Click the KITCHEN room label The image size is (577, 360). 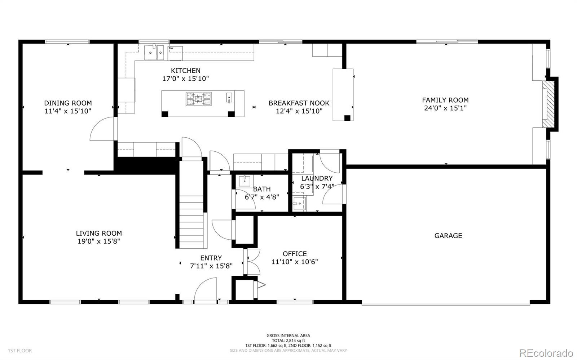coord(185,71)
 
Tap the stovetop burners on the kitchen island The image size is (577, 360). coord(199,99)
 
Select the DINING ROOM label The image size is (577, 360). coord(68,103)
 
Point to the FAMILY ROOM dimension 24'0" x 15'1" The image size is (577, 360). coord(445,108)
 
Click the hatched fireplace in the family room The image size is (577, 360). coord(548,104)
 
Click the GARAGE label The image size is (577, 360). coord(448,236)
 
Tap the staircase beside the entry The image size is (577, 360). coord(191,205)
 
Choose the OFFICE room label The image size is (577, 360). coord(295,254)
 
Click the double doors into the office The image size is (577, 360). coord(252,262)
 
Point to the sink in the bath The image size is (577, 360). coord(244,181)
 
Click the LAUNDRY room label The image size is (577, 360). coord(317,178)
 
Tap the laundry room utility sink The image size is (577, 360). coord(300,204)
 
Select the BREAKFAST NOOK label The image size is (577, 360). coord(299,103)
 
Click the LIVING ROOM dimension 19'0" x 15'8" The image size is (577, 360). coord(99,241)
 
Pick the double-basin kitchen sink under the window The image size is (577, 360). coord(154,53)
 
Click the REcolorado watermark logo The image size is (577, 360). coord(546,352)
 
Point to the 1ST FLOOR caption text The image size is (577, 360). coord(20,351)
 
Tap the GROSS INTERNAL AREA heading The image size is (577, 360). coord(288,335)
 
